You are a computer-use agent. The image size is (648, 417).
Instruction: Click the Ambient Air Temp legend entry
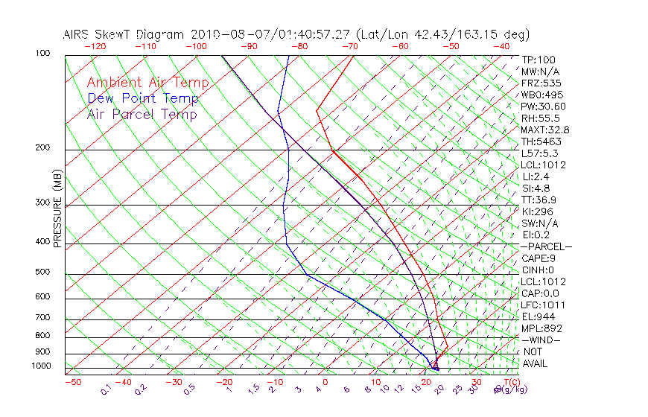(x=147, y=83)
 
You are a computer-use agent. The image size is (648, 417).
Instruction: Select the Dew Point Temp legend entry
(x=143, y=98)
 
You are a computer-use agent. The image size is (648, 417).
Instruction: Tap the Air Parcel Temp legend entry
(x=142, y=114)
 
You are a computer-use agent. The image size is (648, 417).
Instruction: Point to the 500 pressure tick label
(x=42, y=273)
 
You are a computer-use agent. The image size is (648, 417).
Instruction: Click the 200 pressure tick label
(x=42, y=148)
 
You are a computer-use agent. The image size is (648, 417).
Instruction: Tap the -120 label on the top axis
(x=95, y=46)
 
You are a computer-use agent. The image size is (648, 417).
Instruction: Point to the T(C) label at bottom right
(x=506, y=383)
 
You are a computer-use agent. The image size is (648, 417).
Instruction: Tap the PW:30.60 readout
(x=544, y=106)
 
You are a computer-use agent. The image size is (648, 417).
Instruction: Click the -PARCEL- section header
(x=547, y=246)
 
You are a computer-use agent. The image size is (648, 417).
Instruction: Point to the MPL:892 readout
(x=541, y=328)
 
